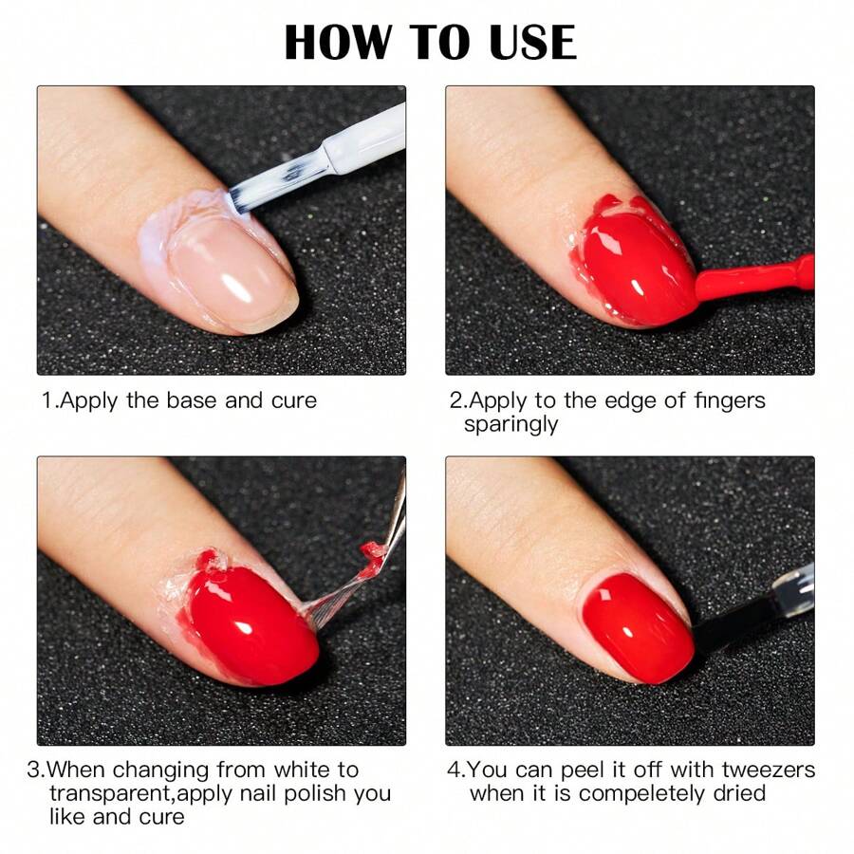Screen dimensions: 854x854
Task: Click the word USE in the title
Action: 525,43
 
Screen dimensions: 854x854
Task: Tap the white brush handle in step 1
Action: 365,142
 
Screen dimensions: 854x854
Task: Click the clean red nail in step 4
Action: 638,626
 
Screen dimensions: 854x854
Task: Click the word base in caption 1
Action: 192,400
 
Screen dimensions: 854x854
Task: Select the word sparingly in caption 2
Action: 511,424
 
